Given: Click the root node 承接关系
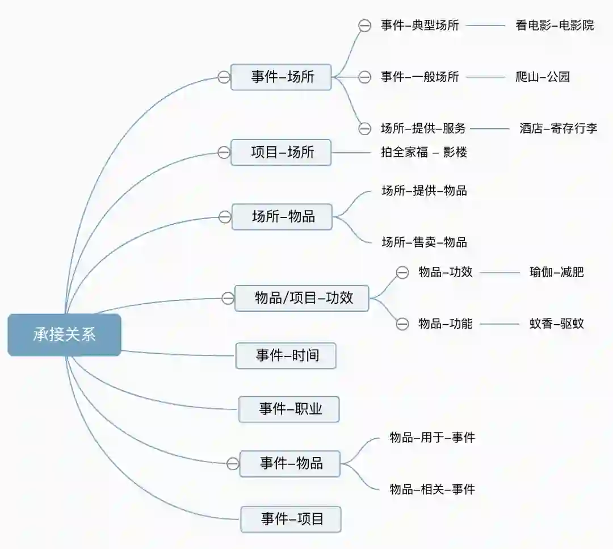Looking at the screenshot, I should pos(64,335).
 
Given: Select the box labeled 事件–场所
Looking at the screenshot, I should pos(281,77).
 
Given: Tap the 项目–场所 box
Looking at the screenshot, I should pos(281,152).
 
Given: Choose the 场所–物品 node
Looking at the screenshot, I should pos(282,216).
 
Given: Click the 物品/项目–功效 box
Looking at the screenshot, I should pos(302,298).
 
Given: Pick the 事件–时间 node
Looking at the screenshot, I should pos(286,356).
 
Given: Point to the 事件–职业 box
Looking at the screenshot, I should pos(289,409).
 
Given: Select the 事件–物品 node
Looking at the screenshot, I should pos(290,463).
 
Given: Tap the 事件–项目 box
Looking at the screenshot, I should pos(291,519).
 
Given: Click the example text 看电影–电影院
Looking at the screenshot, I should pos(555,25).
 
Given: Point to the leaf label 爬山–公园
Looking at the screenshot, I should pos(542,77).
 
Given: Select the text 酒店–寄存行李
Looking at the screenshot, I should pos(558,128).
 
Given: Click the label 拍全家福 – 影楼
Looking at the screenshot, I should pos(424,152).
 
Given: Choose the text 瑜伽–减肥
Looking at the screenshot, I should pos(556,272).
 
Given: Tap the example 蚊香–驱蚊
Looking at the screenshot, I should pos(556,324).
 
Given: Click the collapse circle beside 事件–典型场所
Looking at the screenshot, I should pos(364,26).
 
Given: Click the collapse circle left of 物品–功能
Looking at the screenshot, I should pos(402,324).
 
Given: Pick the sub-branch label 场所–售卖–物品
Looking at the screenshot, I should pos(424,242).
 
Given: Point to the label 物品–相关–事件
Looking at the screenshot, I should pos(432,489).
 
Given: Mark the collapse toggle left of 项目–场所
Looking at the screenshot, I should pos(224,152).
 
